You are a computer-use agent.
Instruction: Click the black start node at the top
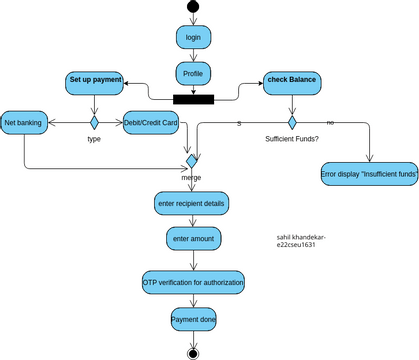[193, 8]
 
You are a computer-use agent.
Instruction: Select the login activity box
[193, 38]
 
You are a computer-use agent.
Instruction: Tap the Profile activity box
[193, 73]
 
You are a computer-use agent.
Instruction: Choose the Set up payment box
[95, 79]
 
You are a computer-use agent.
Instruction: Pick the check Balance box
[292, 80]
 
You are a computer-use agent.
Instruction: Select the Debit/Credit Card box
[151, 122]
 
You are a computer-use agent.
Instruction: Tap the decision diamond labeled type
[94, 122]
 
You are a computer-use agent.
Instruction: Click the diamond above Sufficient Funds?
[292, 122]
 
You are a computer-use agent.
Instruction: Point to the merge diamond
[193, 159]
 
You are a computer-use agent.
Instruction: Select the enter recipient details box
[192, 203]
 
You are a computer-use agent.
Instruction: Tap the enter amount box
[192, 240]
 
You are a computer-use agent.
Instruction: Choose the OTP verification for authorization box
[193, 283]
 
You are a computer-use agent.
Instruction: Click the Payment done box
[193, 320]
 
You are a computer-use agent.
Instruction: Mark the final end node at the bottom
[193, 352]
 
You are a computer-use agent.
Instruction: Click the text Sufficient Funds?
[291, 140]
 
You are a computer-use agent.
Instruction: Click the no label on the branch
[331, 122]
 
